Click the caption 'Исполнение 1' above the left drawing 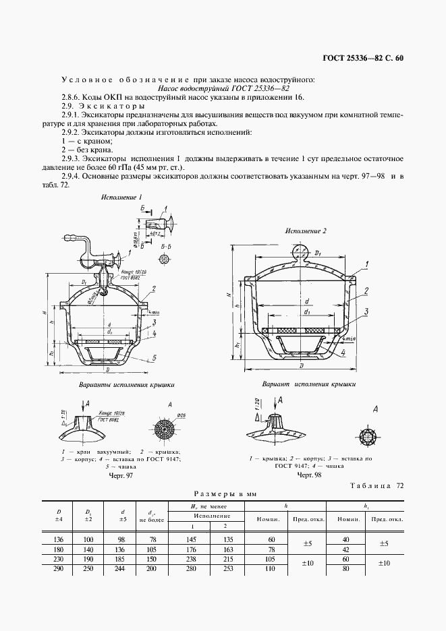(121, 198)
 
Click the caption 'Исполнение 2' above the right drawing (305, 231)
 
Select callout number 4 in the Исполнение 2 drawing (343, 352)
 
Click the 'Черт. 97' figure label (122, 476)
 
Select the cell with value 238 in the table (190, 560)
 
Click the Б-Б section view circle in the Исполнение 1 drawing (164, 260)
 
